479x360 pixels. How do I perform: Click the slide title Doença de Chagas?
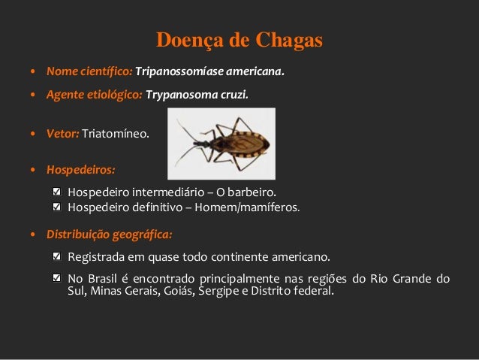click(239, 38)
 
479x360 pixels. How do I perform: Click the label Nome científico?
click(89, 74)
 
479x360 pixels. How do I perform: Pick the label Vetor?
click(62, 135)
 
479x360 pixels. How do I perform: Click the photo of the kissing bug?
click(221, 135)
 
